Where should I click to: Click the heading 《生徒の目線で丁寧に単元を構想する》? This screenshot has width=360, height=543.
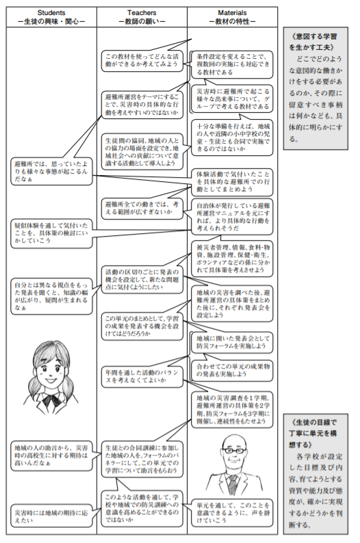click(313, 433)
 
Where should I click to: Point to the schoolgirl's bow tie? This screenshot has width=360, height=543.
click(51, 401)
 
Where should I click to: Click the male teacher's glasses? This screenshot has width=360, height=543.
click(234, 451)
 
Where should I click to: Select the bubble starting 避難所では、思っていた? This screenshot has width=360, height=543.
click(51, 172)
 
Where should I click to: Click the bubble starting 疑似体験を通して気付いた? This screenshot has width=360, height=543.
click(51, 233)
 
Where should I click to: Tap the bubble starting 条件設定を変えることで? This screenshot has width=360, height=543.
click(232, 64)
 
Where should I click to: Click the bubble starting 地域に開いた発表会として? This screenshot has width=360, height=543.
click(232, 342)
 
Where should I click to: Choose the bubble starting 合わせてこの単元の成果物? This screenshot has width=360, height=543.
click(232, 370)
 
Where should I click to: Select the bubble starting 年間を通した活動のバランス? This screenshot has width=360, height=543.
click(142, 376)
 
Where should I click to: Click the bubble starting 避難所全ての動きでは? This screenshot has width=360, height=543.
click(142, 208)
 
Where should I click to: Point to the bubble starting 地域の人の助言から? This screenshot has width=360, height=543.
click(51, 455)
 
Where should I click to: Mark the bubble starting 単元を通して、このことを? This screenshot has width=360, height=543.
click(232, 513)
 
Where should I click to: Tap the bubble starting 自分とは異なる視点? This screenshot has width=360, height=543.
click(51, 296)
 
